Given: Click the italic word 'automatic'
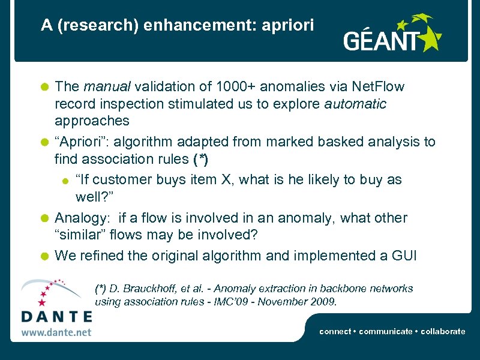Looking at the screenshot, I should coord(355,104).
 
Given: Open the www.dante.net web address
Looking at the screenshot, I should coord(56,331).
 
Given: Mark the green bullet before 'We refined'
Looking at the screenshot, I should coord(44,256).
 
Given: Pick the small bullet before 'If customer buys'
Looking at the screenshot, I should coord(65,180).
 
